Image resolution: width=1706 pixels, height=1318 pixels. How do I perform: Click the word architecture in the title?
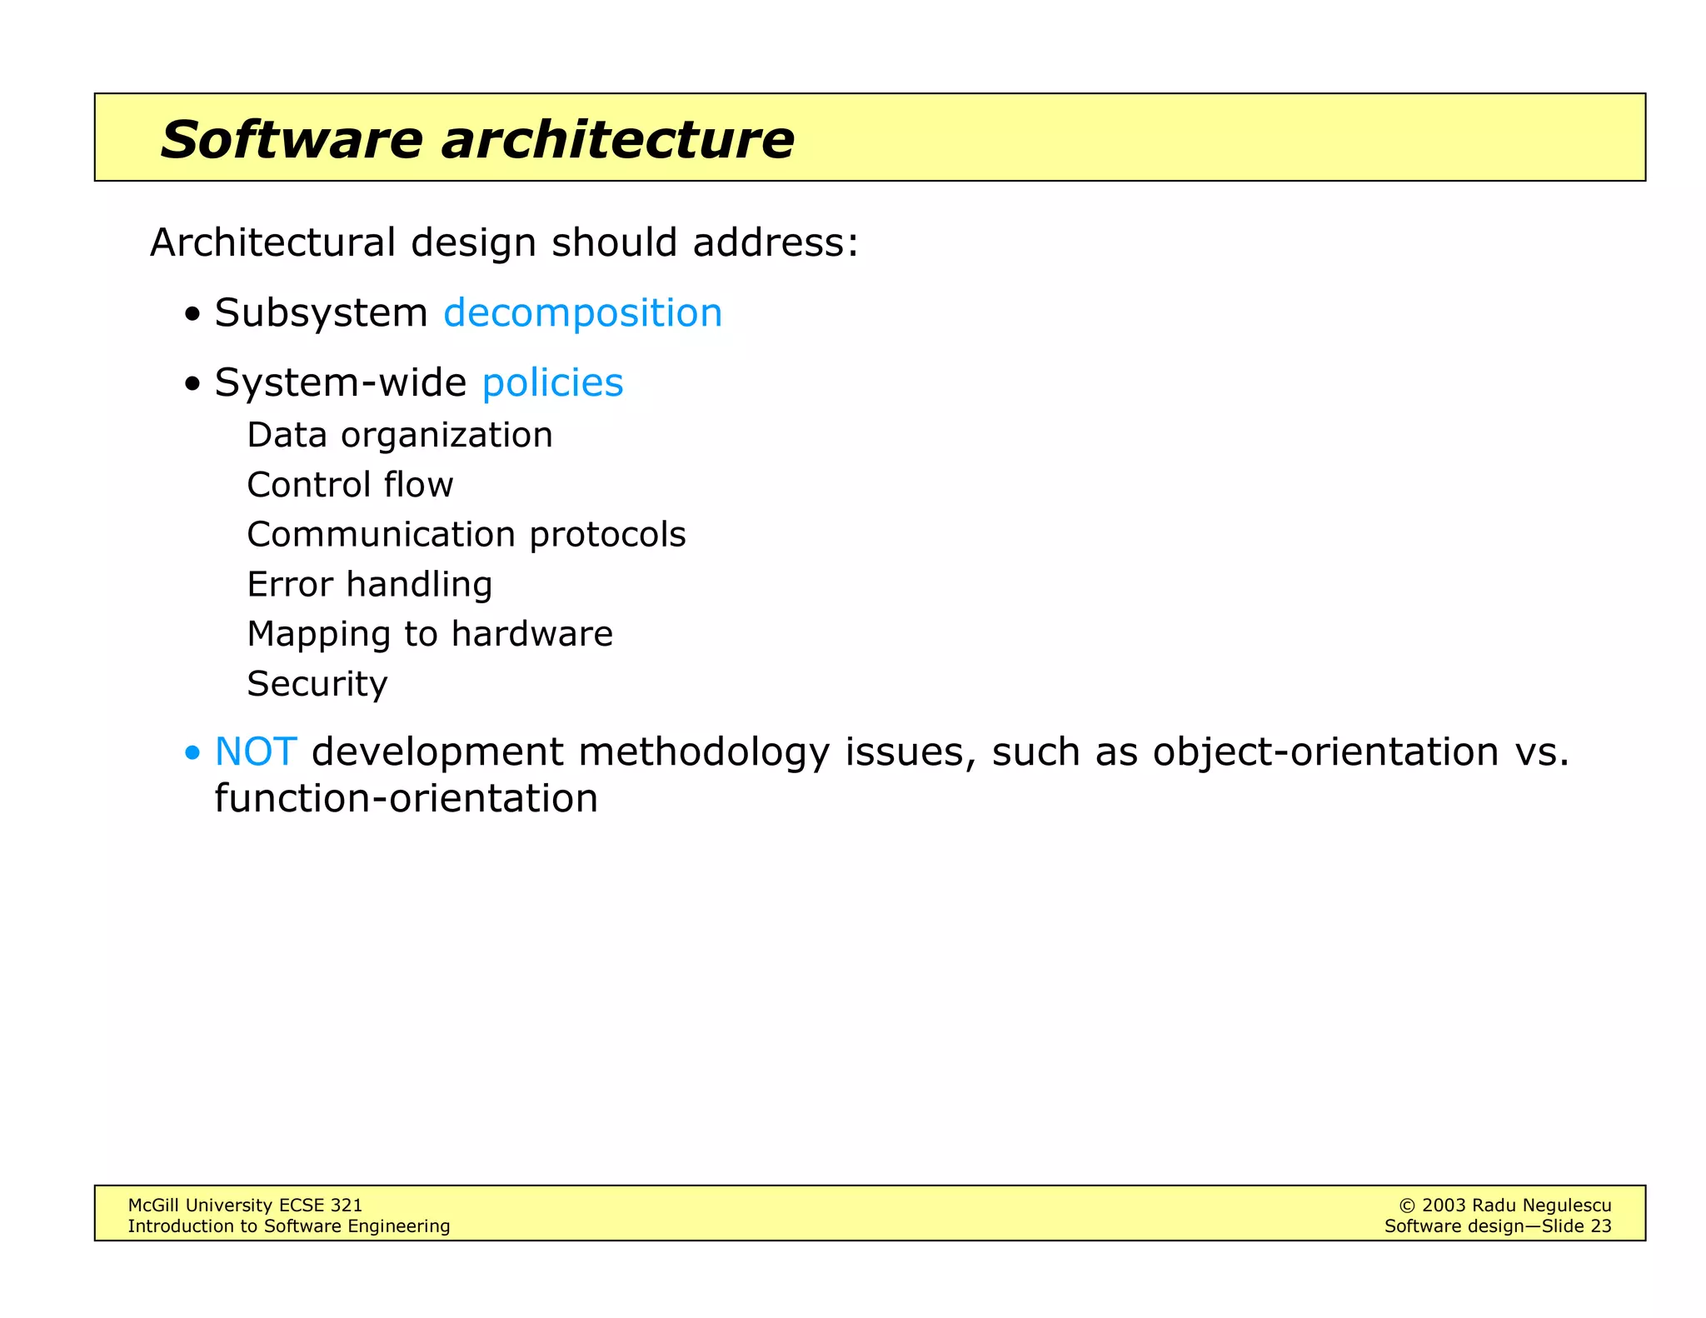click(x=617, y=139)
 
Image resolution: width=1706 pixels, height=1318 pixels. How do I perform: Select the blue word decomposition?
click(x=582, y=313)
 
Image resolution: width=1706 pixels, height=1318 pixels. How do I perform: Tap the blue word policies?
click(x=552, y=383)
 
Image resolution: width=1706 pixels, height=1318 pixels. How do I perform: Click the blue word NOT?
click(x=255, y=751)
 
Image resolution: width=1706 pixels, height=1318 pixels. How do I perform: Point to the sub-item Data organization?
click(x=400, y=435)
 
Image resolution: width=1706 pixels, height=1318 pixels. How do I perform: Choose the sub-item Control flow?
click(x=350, y=485)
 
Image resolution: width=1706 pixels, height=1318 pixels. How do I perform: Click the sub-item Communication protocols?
click(x=466, y=535)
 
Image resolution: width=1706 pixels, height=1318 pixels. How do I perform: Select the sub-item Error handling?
click(x=370, y=585)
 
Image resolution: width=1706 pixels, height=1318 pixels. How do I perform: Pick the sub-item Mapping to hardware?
click(x=430, y=635)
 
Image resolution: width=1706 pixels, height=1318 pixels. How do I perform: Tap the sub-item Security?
click(x=317, y=685)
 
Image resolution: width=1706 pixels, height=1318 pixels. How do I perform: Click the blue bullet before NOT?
click(x=193, y=754)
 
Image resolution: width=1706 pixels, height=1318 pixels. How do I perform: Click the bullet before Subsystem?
click(x=193, y=316)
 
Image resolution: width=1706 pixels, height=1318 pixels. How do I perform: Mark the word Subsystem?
click(x=321, y=313)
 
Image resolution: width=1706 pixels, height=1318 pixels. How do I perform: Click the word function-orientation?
click(x=406, y=798)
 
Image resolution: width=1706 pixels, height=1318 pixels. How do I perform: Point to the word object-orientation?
click(x=1325, y=751)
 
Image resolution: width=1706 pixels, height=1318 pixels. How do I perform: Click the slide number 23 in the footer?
click(x=1600, y=1226)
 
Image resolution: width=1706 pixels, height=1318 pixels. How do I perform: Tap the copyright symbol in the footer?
click(x=1407, y=1206)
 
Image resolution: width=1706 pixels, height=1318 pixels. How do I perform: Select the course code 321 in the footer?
click(x=347, y=1206)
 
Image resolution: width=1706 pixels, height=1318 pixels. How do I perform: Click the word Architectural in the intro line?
click(x=272, y=243)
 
